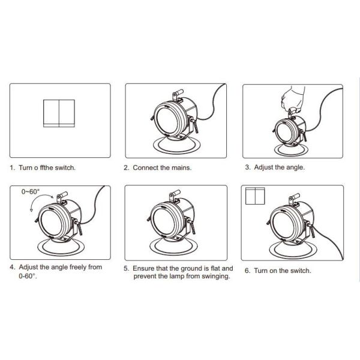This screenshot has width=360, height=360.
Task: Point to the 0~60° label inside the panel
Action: [x=31, y=191]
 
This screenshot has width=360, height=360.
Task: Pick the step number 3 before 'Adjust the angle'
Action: [x=247, y=167]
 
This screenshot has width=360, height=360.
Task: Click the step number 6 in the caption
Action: [x=247, y=271]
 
